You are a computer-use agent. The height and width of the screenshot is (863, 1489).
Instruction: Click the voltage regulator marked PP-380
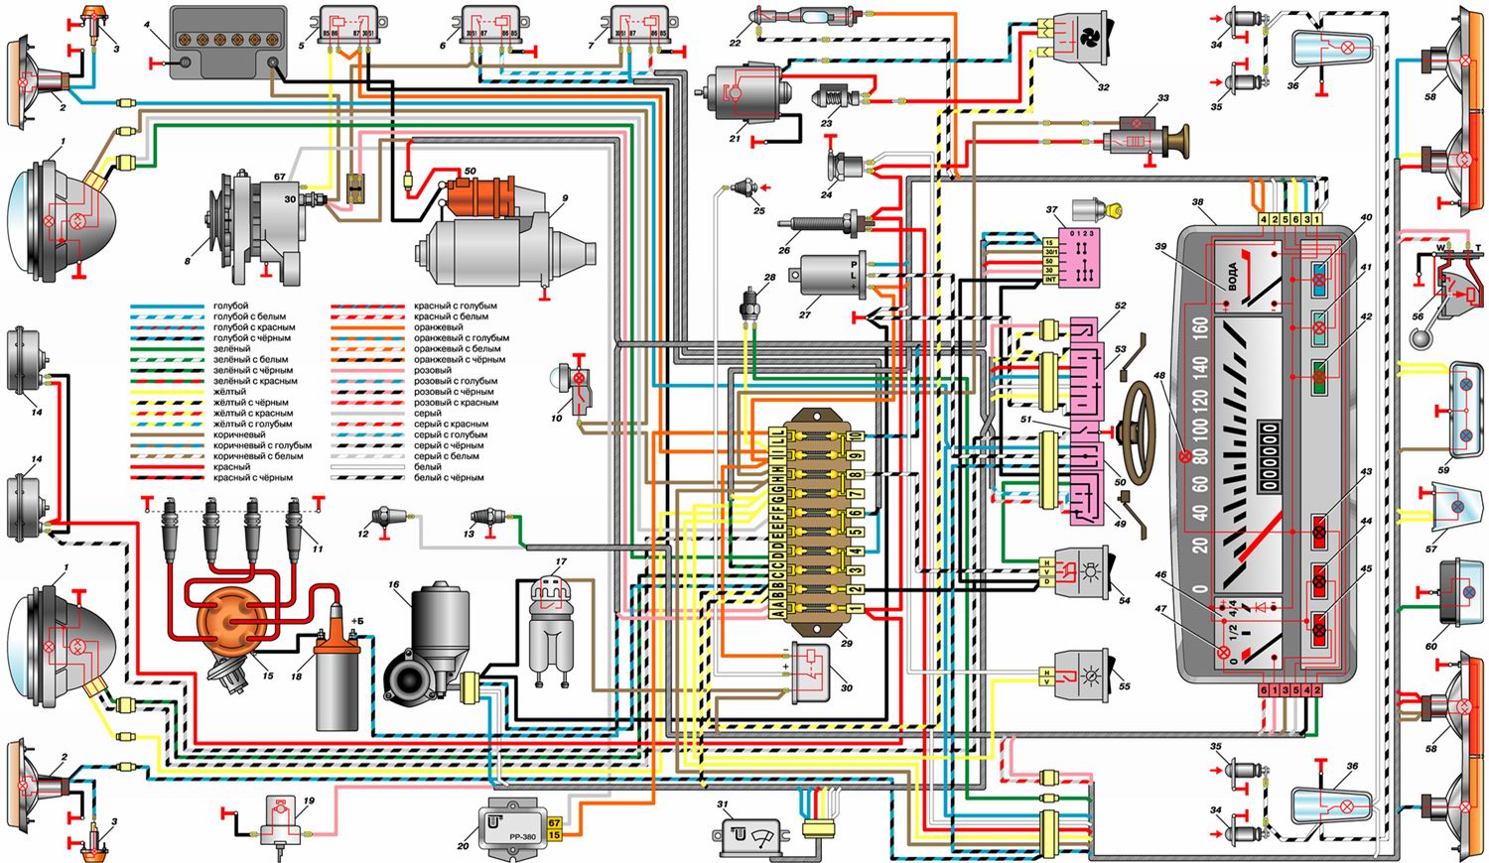click(515, 822)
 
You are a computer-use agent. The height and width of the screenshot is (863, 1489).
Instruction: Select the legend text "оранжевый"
click(438, 327)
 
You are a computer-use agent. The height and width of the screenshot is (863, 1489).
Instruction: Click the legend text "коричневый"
click(240, 434)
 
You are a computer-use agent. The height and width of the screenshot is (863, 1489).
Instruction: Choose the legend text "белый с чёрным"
click(449, 478)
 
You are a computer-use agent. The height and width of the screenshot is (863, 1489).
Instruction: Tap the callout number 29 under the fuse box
click(846, 644)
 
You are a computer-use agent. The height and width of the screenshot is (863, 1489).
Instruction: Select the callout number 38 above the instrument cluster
click(1197, 203)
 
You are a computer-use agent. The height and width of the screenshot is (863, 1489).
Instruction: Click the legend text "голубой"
click(230, 306)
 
